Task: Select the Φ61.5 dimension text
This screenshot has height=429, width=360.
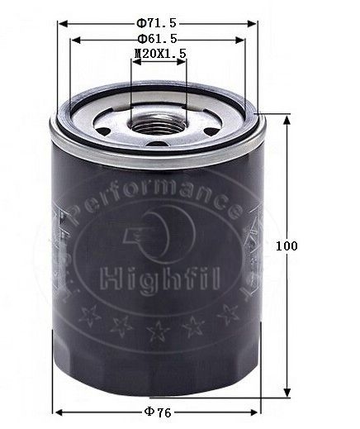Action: click(x=157, y=38)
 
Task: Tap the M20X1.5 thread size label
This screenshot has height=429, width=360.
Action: click(x=160, y=54)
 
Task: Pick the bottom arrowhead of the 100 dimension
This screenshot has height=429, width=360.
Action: click(x=287, y=390)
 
